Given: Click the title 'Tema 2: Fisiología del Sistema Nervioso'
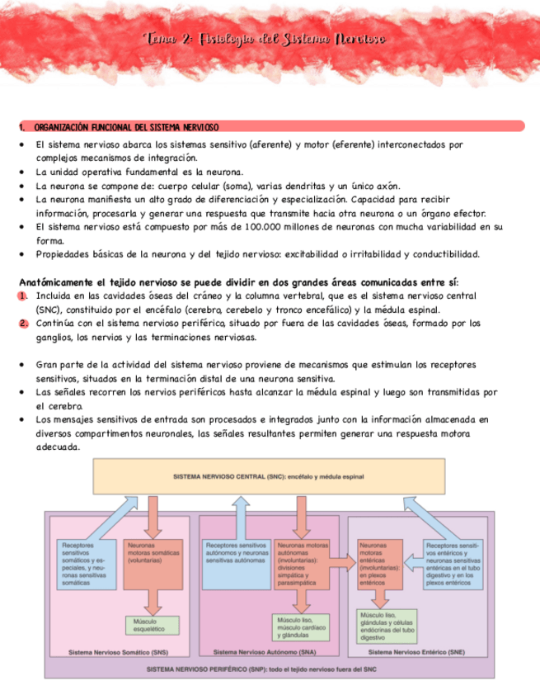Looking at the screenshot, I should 264,40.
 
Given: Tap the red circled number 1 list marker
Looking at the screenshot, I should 25,296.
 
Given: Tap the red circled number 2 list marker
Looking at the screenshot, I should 25,324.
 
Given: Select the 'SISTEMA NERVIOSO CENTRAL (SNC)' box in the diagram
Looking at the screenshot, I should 269,477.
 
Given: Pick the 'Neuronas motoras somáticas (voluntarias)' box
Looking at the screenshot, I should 147,565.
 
